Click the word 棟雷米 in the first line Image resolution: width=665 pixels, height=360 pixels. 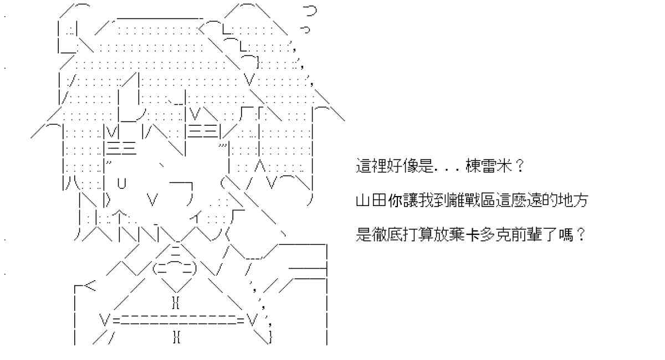coord(488,167)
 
